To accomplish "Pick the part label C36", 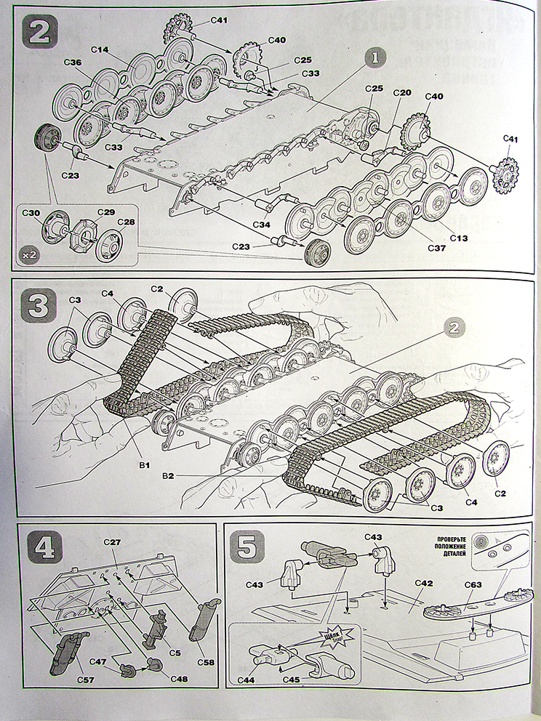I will (x=72, y=63).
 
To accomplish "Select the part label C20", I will (x=402, y=92).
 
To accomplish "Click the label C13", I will (x=458, y=238).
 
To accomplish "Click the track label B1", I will (x=145, y=462).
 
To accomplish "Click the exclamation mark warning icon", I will (x=483, y=539).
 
